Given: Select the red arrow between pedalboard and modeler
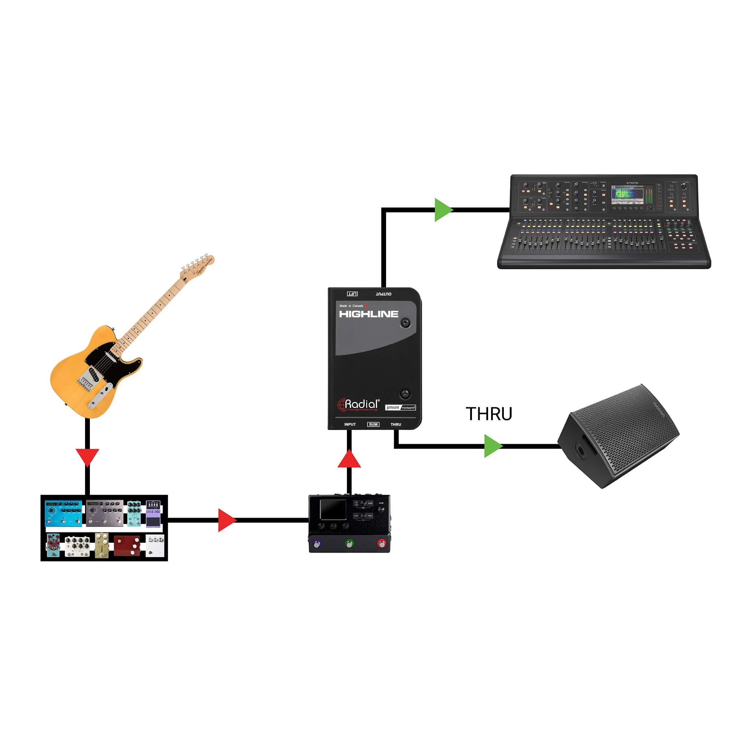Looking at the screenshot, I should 227,520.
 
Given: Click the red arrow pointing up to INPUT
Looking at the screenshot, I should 349,459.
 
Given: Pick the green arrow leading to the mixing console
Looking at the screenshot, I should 443,210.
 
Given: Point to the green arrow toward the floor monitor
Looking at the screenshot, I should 492,446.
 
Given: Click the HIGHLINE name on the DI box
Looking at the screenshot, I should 369,314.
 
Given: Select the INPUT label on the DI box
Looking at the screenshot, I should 350,425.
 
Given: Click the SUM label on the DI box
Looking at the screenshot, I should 373,425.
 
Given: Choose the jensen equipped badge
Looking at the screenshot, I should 400,407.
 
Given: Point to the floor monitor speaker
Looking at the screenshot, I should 618,437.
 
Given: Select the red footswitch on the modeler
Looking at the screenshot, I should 381,543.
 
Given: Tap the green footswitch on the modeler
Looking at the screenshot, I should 349,543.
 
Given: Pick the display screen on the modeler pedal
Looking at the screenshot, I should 333,510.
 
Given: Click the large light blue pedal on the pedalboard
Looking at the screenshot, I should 64,513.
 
